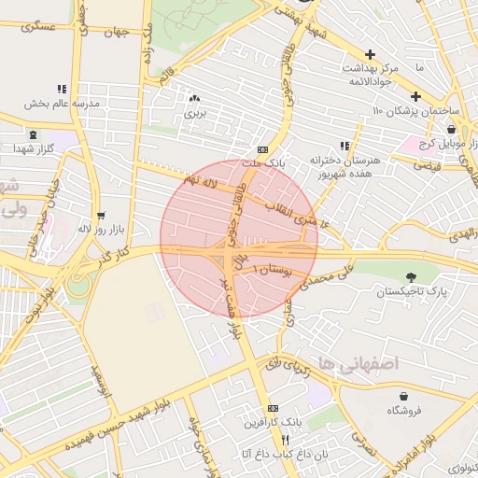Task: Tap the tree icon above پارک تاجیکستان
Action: pos(412,275)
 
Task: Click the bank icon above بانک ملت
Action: pos(262,148)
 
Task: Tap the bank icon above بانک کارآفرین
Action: pos(272,408)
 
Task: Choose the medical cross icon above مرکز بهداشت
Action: pos(372,55)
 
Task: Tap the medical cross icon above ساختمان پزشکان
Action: pos(415,96)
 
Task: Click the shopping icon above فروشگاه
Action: pos(403,396)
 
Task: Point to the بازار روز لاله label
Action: pos(97,228)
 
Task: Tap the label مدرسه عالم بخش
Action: pos(62,104)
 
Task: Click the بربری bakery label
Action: pos(194,113)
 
